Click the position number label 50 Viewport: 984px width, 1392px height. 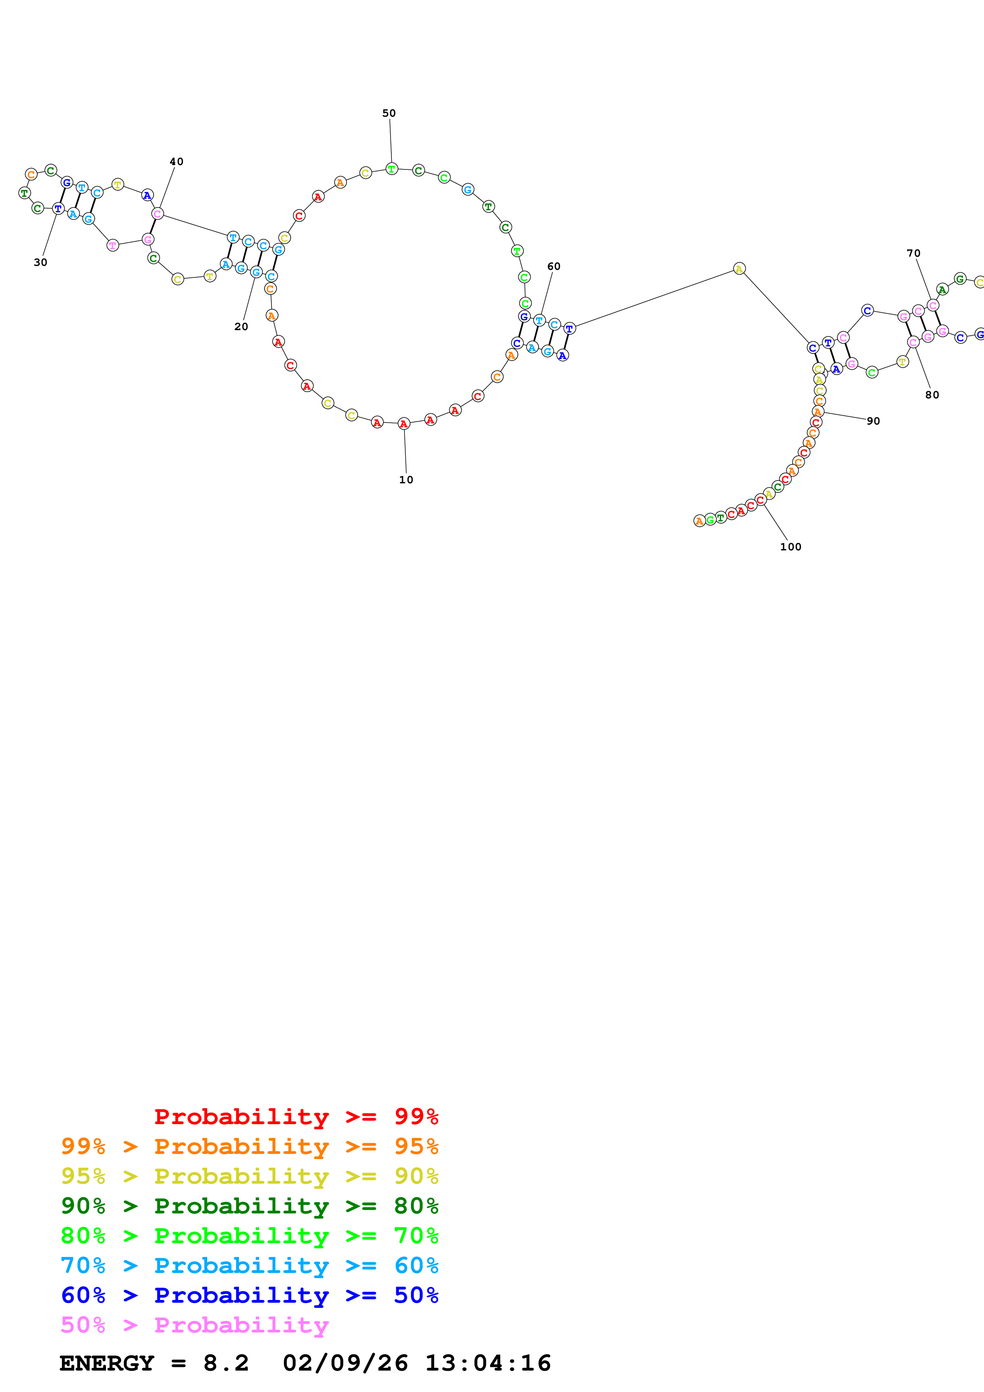389,113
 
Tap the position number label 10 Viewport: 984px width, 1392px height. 406,480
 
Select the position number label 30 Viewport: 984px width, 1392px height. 40,263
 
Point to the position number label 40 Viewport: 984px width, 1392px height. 176,162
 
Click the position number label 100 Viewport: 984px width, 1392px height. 791,547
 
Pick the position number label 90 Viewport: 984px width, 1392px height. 873,421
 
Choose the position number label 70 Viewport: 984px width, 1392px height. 914,254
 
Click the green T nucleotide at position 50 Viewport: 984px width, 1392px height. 392,169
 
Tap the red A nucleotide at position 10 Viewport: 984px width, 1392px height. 404,424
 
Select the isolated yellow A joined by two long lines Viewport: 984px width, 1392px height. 739,269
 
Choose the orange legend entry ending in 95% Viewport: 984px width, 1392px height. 249,1146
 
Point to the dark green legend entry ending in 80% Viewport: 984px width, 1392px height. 249,1206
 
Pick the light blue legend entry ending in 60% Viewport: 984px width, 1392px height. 249,1265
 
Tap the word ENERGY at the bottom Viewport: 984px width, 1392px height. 107,1363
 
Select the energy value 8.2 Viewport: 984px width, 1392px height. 226,1363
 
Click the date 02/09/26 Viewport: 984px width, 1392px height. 346,1363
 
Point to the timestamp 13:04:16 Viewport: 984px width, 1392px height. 488,1363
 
